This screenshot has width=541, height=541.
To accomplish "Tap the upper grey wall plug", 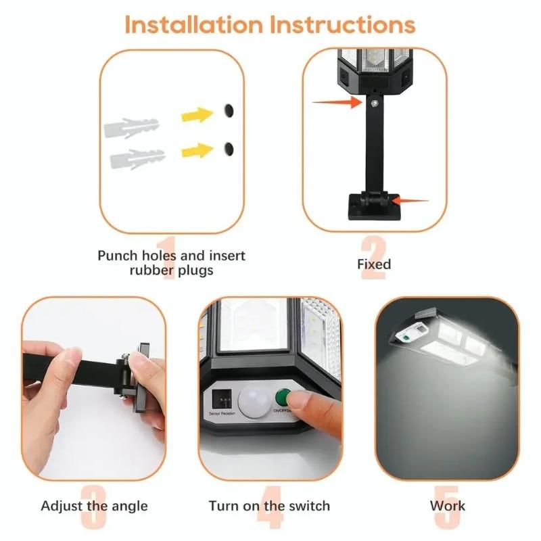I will coord(131,126).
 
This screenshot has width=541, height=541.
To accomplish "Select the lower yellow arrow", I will coord(198,149).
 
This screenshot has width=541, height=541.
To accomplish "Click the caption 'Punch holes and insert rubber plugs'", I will coord(171,263).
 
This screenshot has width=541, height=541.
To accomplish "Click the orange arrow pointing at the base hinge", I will coord(410,200).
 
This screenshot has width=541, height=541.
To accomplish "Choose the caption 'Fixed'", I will coord(374,264).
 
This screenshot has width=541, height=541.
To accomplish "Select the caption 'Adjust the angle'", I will coord(94,506).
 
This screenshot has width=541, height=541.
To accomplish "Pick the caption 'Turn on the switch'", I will coord(269,506).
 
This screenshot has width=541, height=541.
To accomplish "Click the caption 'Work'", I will coord(448,506).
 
